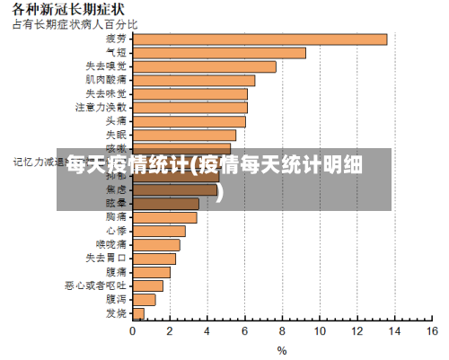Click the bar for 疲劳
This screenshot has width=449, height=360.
(260, 39)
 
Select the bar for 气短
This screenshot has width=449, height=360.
(219, 53)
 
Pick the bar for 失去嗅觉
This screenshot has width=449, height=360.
(204, 66)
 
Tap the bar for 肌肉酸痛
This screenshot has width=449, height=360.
(193, 80)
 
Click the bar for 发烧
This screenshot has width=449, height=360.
(138, 313)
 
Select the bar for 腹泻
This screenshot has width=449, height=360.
(144, 299)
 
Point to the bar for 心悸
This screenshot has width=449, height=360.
(159, 231)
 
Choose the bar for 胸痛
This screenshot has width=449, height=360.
(164, 217)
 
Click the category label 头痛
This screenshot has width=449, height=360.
(116, 120)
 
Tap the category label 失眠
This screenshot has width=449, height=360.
(116, 135)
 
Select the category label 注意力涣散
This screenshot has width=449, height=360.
(101, 107)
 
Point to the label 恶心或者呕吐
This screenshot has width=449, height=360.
(95, 285)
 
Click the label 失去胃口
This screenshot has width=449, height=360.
(106, 258)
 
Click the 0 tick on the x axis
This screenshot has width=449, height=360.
(133, 331)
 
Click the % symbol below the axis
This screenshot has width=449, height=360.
(282, 350)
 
